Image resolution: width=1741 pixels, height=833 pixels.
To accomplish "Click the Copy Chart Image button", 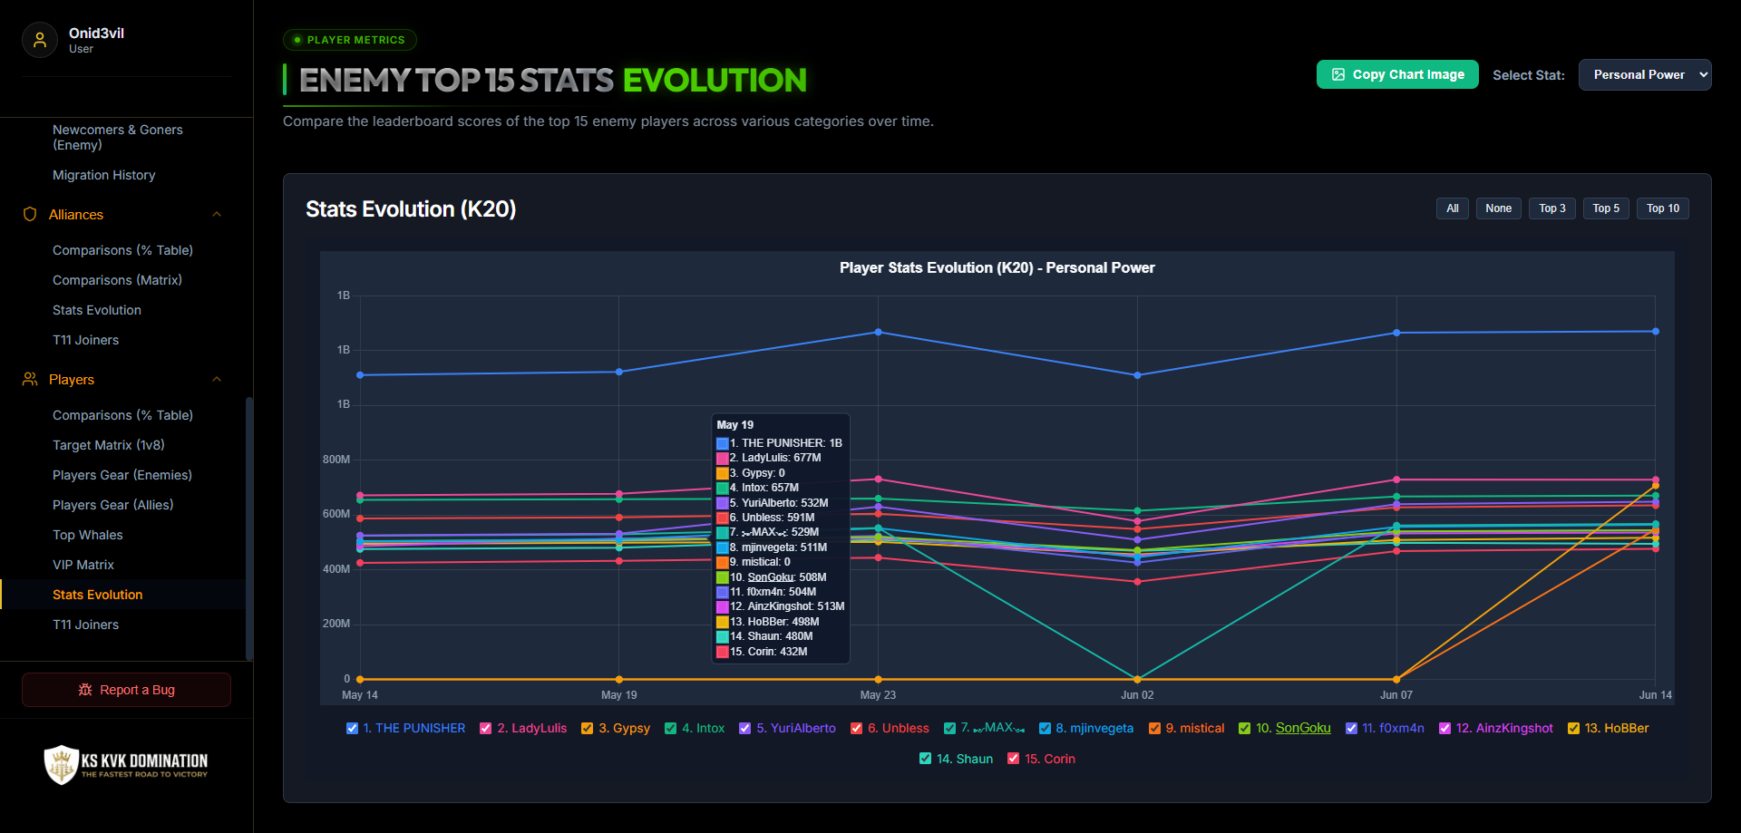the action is pos(1397,74).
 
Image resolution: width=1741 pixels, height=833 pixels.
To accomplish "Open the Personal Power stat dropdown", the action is pos(1645,74).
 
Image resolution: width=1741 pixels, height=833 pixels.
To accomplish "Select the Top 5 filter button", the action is pos(1606,208).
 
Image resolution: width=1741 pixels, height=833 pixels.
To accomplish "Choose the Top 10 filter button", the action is pos(1663,208).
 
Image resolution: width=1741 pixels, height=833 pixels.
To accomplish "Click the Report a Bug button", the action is pos(126,690).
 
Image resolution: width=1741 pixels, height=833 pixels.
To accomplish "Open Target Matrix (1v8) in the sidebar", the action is pos(109,445).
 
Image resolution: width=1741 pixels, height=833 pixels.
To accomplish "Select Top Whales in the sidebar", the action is pos(88,535).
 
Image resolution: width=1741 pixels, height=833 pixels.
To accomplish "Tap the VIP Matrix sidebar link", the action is pos(83,565).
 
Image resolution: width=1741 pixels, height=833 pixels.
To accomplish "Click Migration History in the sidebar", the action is pos(104,175).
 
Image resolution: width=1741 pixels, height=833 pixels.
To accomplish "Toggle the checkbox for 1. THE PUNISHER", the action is pos(353,728).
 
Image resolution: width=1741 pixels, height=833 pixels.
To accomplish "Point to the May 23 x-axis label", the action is pos(878,695).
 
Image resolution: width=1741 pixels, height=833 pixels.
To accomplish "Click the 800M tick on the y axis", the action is pos(336,460).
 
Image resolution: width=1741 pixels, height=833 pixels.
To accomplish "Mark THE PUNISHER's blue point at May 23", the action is pos(878,332).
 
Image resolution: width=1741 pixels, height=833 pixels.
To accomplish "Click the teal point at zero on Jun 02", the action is pos(1137,678).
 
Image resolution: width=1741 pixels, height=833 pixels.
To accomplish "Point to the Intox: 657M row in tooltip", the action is pos(764,488).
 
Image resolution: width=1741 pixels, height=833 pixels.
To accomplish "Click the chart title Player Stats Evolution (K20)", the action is pos(997,267).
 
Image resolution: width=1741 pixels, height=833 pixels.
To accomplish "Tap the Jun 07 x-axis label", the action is pos(1396,695).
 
